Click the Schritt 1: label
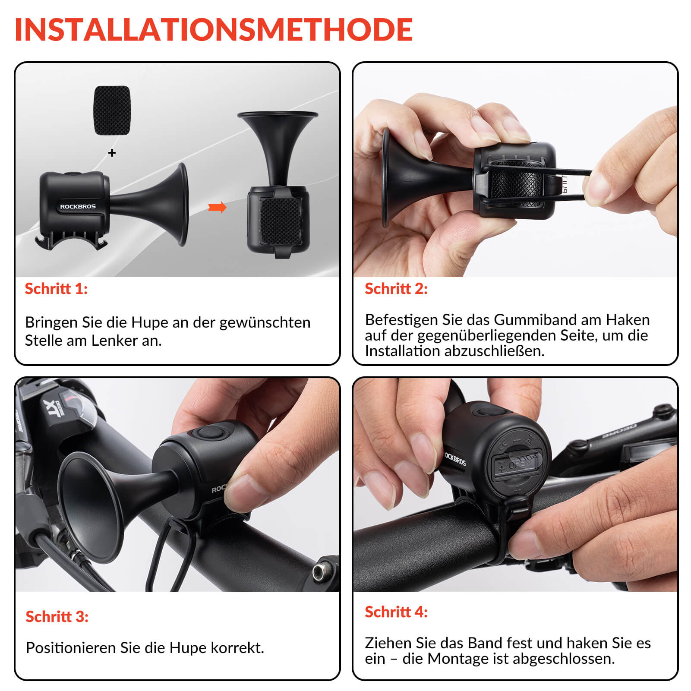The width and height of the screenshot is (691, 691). click(x=56, y=289)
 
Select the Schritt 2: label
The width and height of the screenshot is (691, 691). click(x=396, y=289)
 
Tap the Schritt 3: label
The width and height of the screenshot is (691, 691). click(x=57, y=616)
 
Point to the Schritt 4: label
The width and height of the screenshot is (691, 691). click(x=396, y=612)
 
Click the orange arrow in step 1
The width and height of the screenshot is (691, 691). click(x=217, y=207)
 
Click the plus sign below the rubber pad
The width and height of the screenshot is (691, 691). click(x=112, y=153)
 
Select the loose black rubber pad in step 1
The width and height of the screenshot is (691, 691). click(x=112, y=110)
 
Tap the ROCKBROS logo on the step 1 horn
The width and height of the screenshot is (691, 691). click(x=78, y=206)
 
